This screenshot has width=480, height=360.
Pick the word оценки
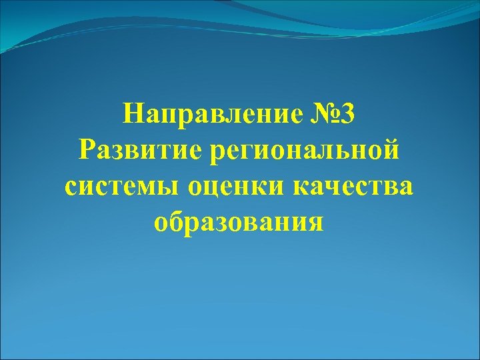coord(237,187)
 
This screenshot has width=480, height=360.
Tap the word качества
coord(353,186)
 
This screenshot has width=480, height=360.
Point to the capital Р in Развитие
coord(86,150)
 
